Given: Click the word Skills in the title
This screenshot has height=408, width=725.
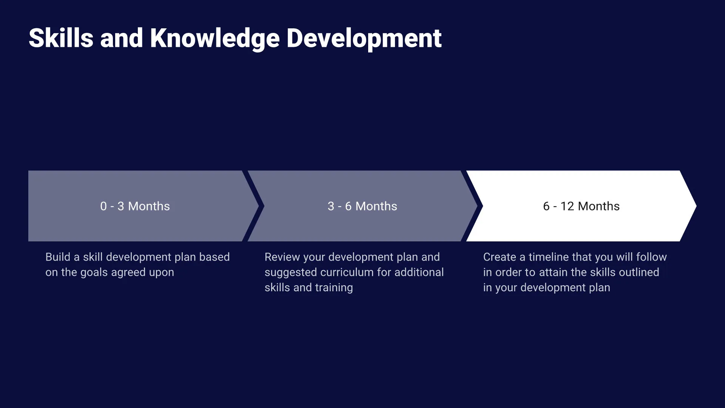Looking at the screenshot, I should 61,38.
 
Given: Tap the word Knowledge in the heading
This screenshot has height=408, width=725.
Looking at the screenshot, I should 215,38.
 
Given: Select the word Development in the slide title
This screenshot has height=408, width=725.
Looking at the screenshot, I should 364,38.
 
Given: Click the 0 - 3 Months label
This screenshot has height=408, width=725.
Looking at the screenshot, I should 135,206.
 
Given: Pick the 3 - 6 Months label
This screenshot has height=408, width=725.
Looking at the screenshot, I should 362,206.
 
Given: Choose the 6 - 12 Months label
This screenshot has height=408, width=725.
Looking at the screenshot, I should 581,206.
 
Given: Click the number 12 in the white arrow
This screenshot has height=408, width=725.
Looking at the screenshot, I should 567,206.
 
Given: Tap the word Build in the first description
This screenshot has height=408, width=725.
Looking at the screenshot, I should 58,257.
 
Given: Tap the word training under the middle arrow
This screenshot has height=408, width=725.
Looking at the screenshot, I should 334,288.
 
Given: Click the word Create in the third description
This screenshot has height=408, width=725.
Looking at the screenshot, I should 499,257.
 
